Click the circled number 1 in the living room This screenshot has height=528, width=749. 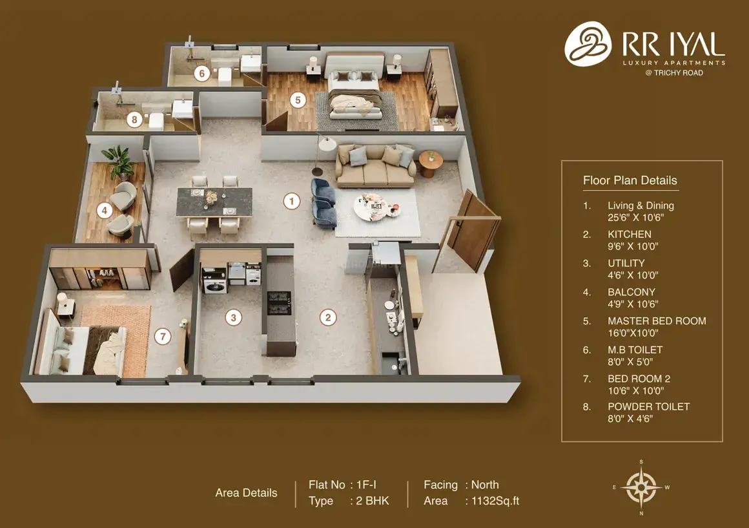coord(292,201)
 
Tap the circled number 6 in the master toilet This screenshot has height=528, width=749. coord(202,74)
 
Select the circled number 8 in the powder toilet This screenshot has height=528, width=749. coord(135,119)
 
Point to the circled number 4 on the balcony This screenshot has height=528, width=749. coord(104,210)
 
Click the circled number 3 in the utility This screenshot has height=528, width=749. coord(234,317)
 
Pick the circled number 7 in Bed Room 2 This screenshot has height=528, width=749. coord(163,336)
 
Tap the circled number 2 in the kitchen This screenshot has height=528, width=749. coord(328,317)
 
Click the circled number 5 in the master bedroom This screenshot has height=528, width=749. coord(298,100)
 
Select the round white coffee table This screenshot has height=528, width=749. coord(376,207)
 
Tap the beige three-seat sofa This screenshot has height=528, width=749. coord(375,165)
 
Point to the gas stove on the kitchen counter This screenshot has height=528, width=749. coord(279,303)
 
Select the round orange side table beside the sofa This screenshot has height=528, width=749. coord(431,164)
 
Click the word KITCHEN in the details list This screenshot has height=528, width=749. coord(629,235)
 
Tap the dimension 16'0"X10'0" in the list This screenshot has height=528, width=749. coord(633,333)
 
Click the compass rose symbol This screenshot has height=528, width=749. coord(641,487)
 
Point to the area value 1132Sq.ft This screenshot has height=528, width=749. coord(495,501)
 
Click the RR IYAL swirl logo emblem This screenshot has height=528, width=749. coord(588,43)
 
